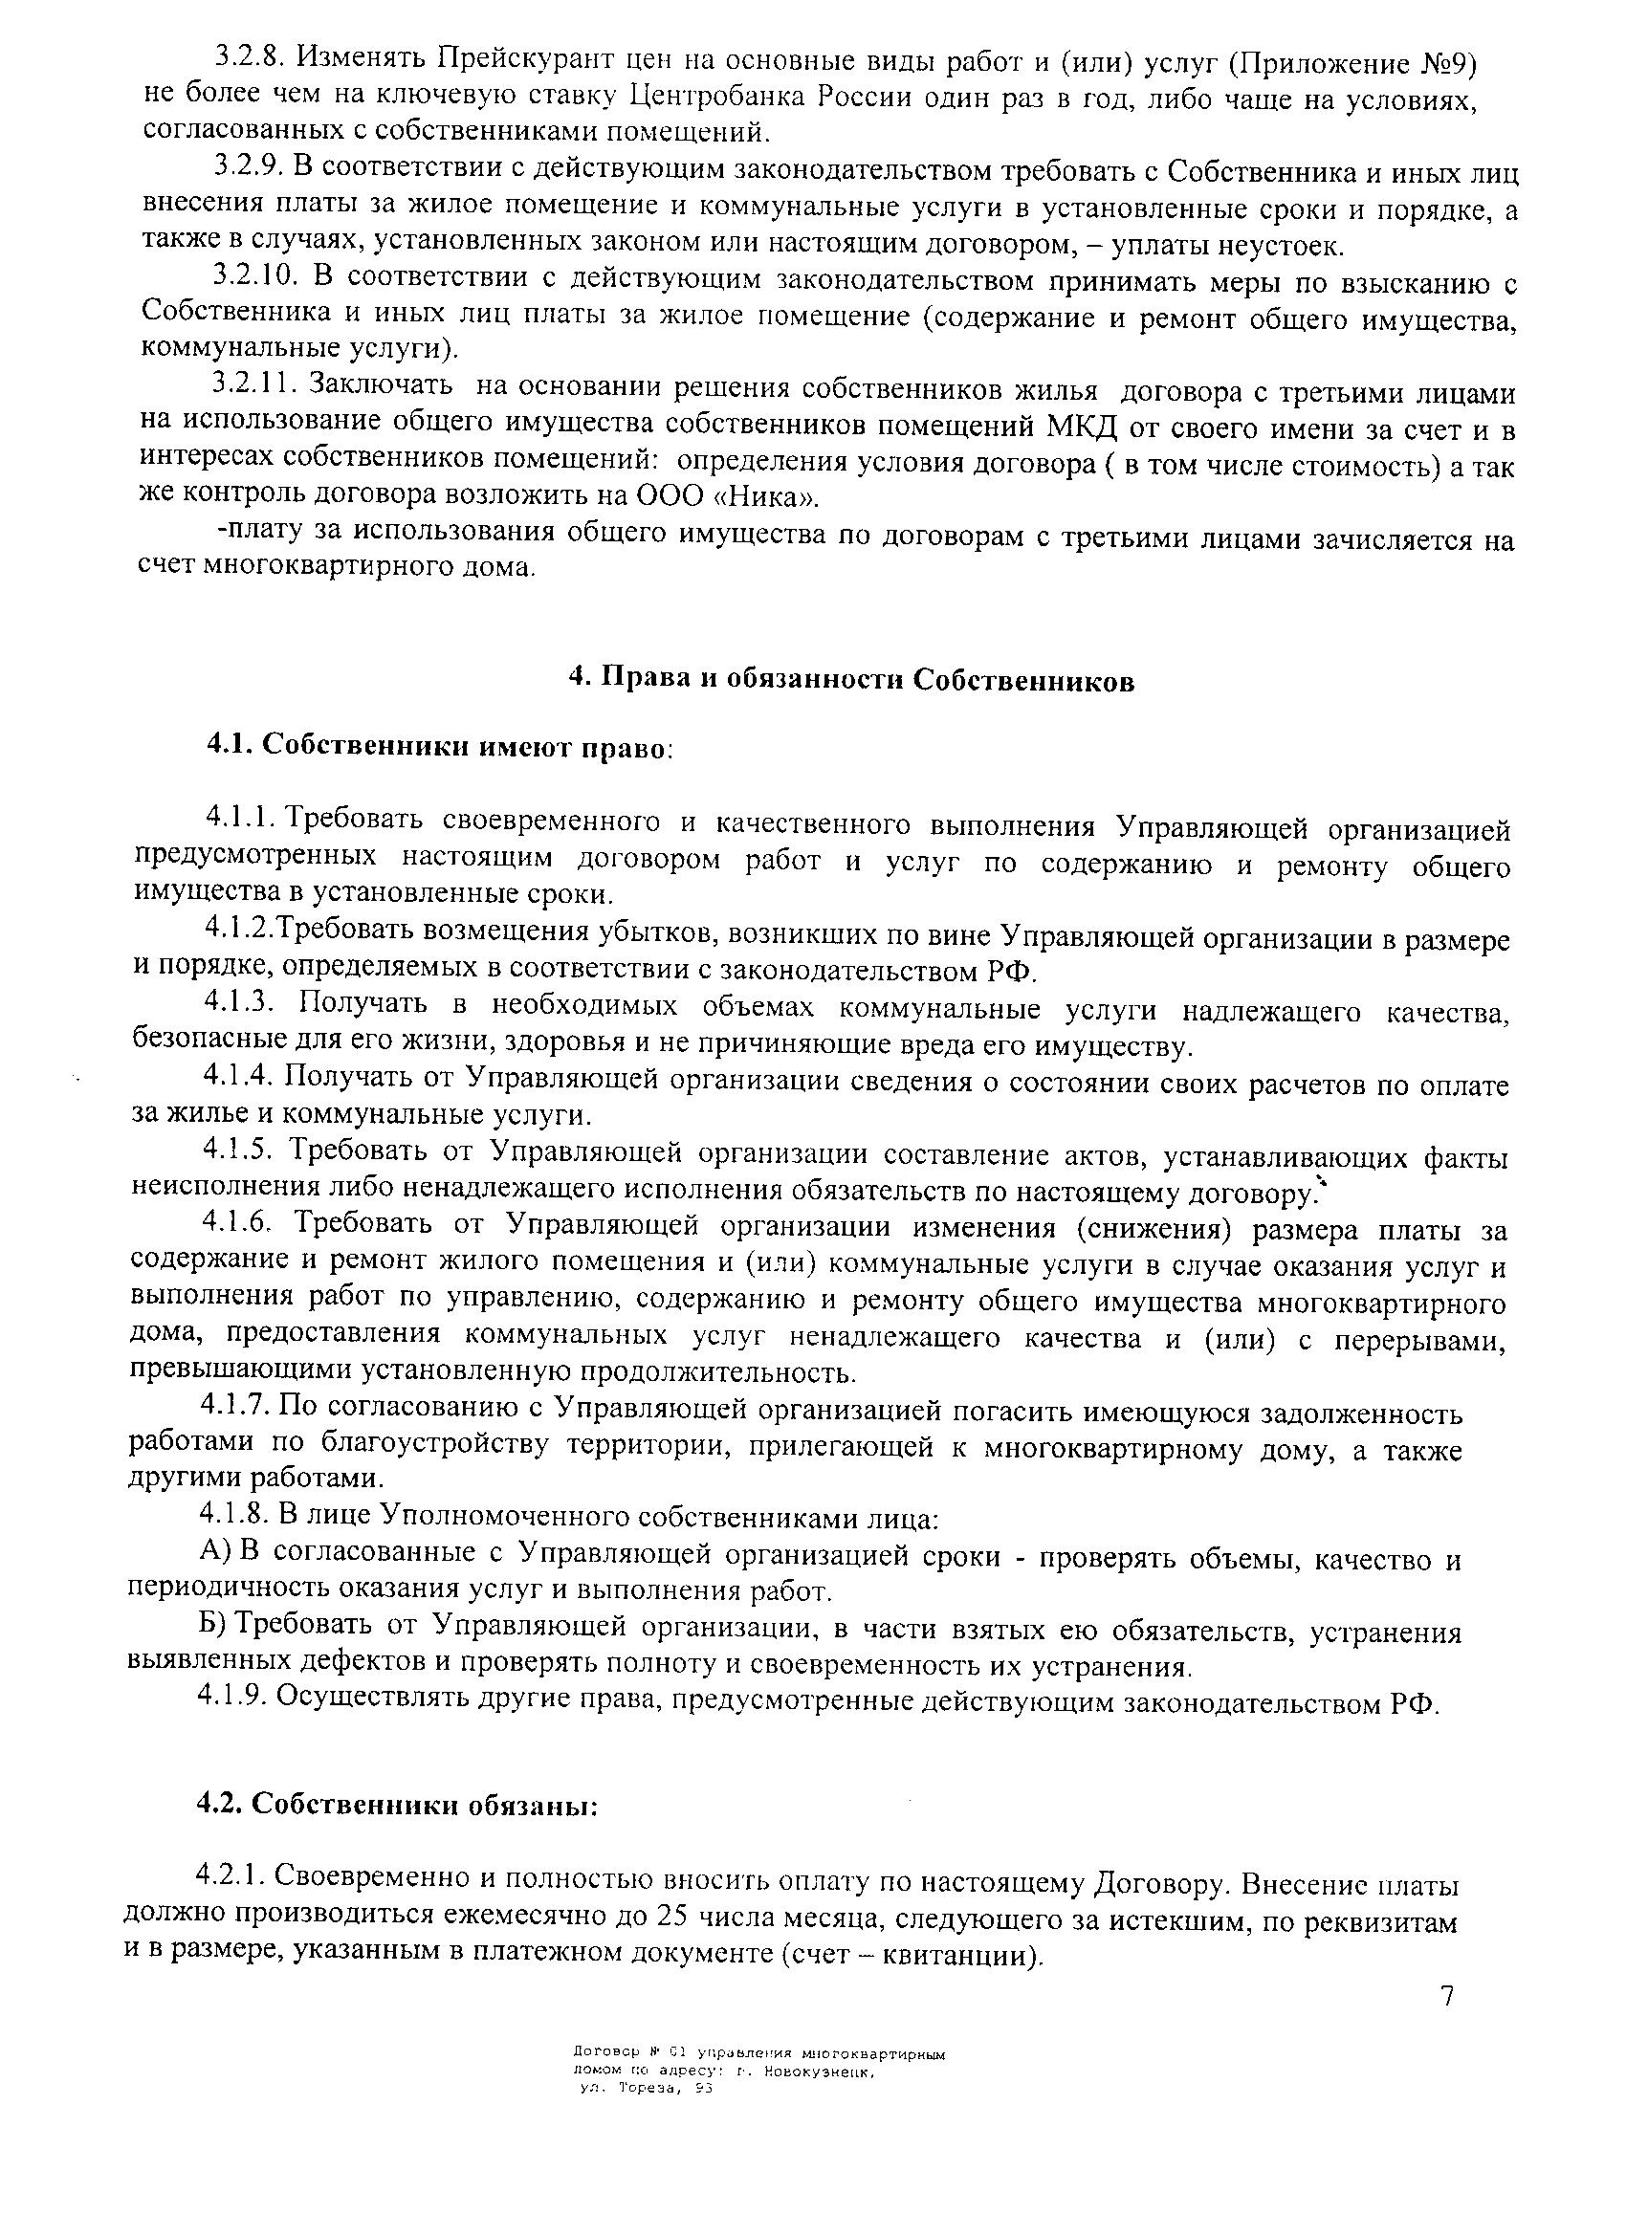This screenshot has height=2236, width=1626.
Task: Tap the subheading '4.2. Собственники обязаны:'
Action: click(398, 1804)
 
